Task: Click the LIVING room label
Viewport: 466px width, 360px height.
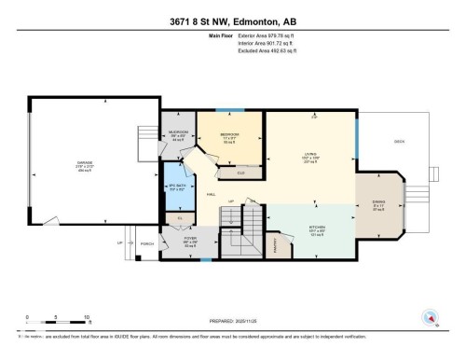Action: click(x=311, y=154)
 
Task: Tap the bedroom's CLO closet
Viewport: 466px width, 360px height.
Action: click(x=240, y=173)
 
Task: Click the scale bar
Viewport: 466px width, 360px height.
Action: click(x=57, y=322)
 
